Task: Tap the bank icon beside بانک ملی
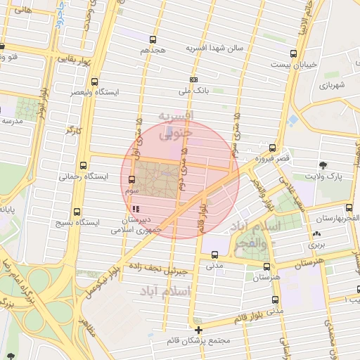coord(193,80)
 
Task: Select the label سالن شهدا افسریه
coord(214,48)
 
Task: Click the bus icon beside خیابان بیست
coord(293,53)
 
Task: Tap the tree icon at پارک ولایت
coord(322,165)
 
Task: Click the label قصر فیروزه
coord(273,160)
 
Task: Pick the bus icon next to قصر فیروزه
coord(271,149)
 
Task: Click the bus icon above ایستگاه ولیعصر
coord(94,82)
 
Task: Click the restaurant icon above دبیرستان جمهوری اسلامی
coord(135,209)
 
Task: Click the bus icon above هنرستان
coord(266,267)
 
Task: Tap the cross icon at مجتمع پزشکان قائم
coord(199,330)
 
